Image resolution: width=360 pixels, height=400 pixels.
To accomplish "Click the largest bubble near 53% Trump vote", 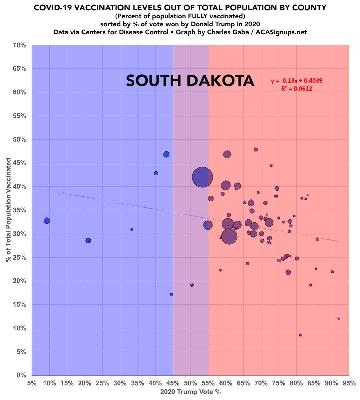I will coord(202,177).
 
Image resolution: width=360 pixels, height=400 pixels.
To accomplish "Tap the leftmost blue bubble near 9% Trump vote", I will coord(47,221).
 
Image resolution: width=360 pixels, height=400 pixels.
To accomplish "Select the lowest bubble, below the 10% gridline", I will coord(300,335).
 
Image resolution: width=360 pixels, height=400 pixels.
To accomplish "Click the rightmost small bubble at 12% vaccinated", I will coord(339,319).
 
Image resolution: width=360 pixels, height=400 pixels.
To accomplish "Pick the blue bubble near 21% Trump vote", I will coord(88,241).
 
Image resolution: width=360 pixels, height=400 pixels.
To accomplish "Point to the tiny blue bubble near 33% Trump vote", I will coord(132,230).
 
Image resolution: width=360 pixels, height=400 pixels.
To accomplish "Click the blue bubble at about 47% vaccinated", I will coord(166,154).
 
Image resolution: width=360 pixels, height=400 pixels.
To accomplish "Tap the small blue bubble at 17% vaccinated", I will coord(172,294).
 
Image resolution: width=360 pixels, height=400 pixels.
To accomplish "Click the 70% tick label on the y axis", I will coord(19,45).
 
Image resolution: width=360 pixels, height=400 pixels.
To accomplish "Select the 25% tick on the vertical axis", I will coord(19,257).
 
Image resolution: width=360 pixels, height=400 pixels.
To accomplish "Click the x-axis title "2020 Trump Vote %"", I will coord(190,392).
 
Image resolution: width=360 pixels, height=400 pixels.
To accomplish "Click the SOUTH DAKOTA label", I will coord(190,81).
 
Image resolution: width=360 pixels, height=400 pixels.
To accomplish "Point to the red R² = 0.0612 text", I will coord(297,89).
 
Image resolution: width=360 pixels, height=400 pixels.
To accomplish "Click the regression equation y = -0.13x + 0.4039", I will coord(297,81).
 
